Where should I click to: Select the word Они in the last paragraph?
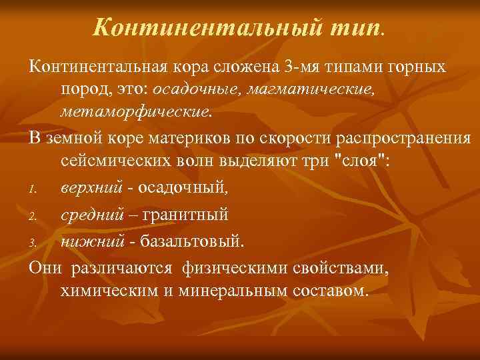(x=43, y=269)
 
